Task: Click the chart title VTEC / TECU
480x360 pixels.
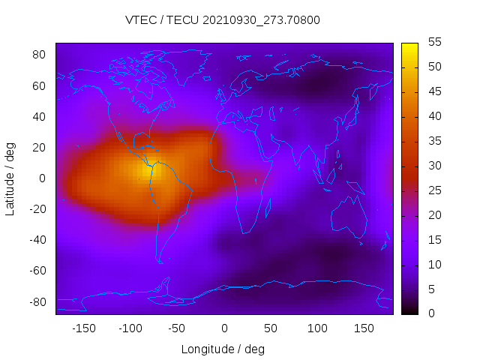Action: (223, 20)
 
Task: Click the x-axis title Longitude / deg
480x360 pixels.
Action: (223, 349)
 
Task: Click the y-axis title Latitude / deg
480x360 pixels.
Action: (10, 178)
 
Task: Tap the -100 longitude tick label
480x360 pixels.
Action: (130, 328)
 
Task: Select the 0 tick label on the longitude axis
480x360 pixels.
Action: (224, 328)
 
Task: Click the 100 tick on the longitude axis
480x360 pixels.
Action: (317, 328)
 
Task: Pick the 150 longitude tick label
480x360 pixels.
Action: (364, 328)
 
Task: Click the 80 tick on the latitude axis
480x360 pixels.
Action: (40, 55)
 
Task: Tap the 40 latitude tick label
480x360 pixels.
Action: (40, 116)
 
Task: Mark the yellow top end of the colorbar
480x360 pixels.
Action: (409, 46)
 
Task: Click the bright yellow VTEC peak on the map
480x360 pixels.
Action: (147, 169)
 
